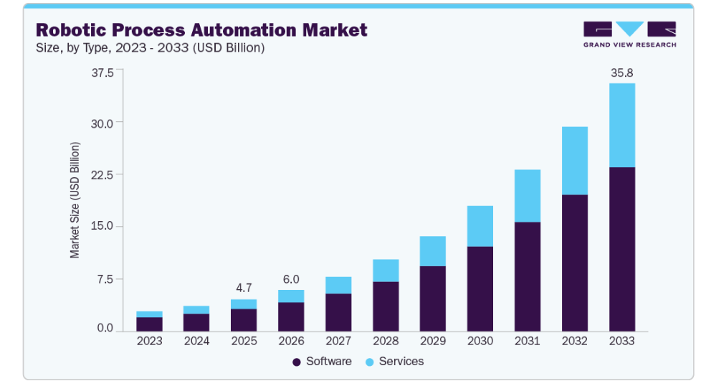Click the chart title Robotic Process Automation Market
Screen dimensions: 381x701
pyautogui.click(x=201, y=30)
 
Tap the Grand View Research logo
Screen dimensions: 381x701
pyautogui.click(x=629, y=34)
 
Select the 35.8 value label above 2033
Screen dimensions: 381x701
pyautogui.click(x=621, y=72)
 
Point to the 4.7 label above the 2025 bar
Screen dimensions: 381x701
pyautogui.click(x=244, y=288)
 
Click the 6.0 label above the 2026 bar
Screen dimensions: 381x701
pyautogui.click(x=291, y=279)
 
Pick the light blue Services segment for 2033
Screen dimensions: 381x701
pyautogui.click(x=621, y=126)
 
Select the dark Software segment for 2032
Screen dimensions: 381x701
pyautogui.click(x=575, y=263)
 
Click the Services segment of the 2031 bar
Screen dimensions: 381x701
pyautogui.click(x=528, y=196)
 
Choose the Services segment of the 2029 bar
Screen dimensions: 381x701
pyautogui.click(x=433, y=251)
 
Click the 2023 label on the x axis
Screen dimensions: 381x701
pyautogui.click(x=149, y=342)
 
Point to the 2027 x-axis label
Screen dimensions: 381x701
pyautogui.click(x=338, y=342)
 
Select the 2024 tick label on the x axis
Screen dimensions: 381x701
pyautogui.click(x=196, y=342)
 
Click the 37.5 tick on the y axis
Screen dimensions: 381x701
pyautogui.click(x=102, y=72)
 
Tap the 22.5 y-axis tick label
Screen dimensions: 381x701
pyautogui.click(x=102, y=174)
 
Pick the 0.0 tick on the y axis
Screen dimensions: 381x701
pyautogui.click(x=105, y=329)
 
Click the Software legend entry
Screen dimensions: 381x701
pyautogui.click(x=322, y=362)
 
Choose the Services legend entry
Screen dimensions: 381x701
pyautogui.click(x=394, y=362)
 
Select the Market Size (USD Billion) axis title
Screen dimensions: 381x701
pyautogui.click(x=75, y=200)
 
